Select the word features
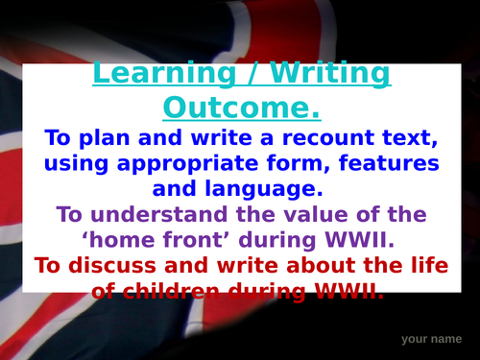(x=382, y=159)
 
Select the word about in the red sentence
(x=304, y=262)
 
